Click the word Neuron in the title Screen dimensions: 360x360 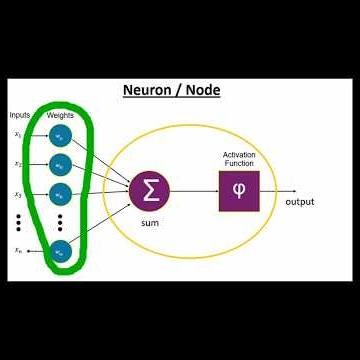[146, 91]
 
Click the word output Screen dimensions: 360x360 [299, 201]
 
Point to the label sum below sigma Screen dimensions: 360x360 [149, 222]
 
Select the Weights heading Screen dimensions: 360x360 [60, 115]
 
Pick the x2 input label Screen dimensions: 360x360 [18, 163]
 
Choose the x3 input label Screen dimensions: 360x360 [18, 193]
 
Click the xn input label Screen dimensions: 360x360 [18, 251]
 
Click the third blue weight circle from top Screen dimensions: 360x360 [61, 193]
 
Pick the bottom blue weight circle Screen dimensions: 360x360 [61, 252]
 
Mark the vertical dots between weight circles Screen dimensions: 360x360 [61, 221]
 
